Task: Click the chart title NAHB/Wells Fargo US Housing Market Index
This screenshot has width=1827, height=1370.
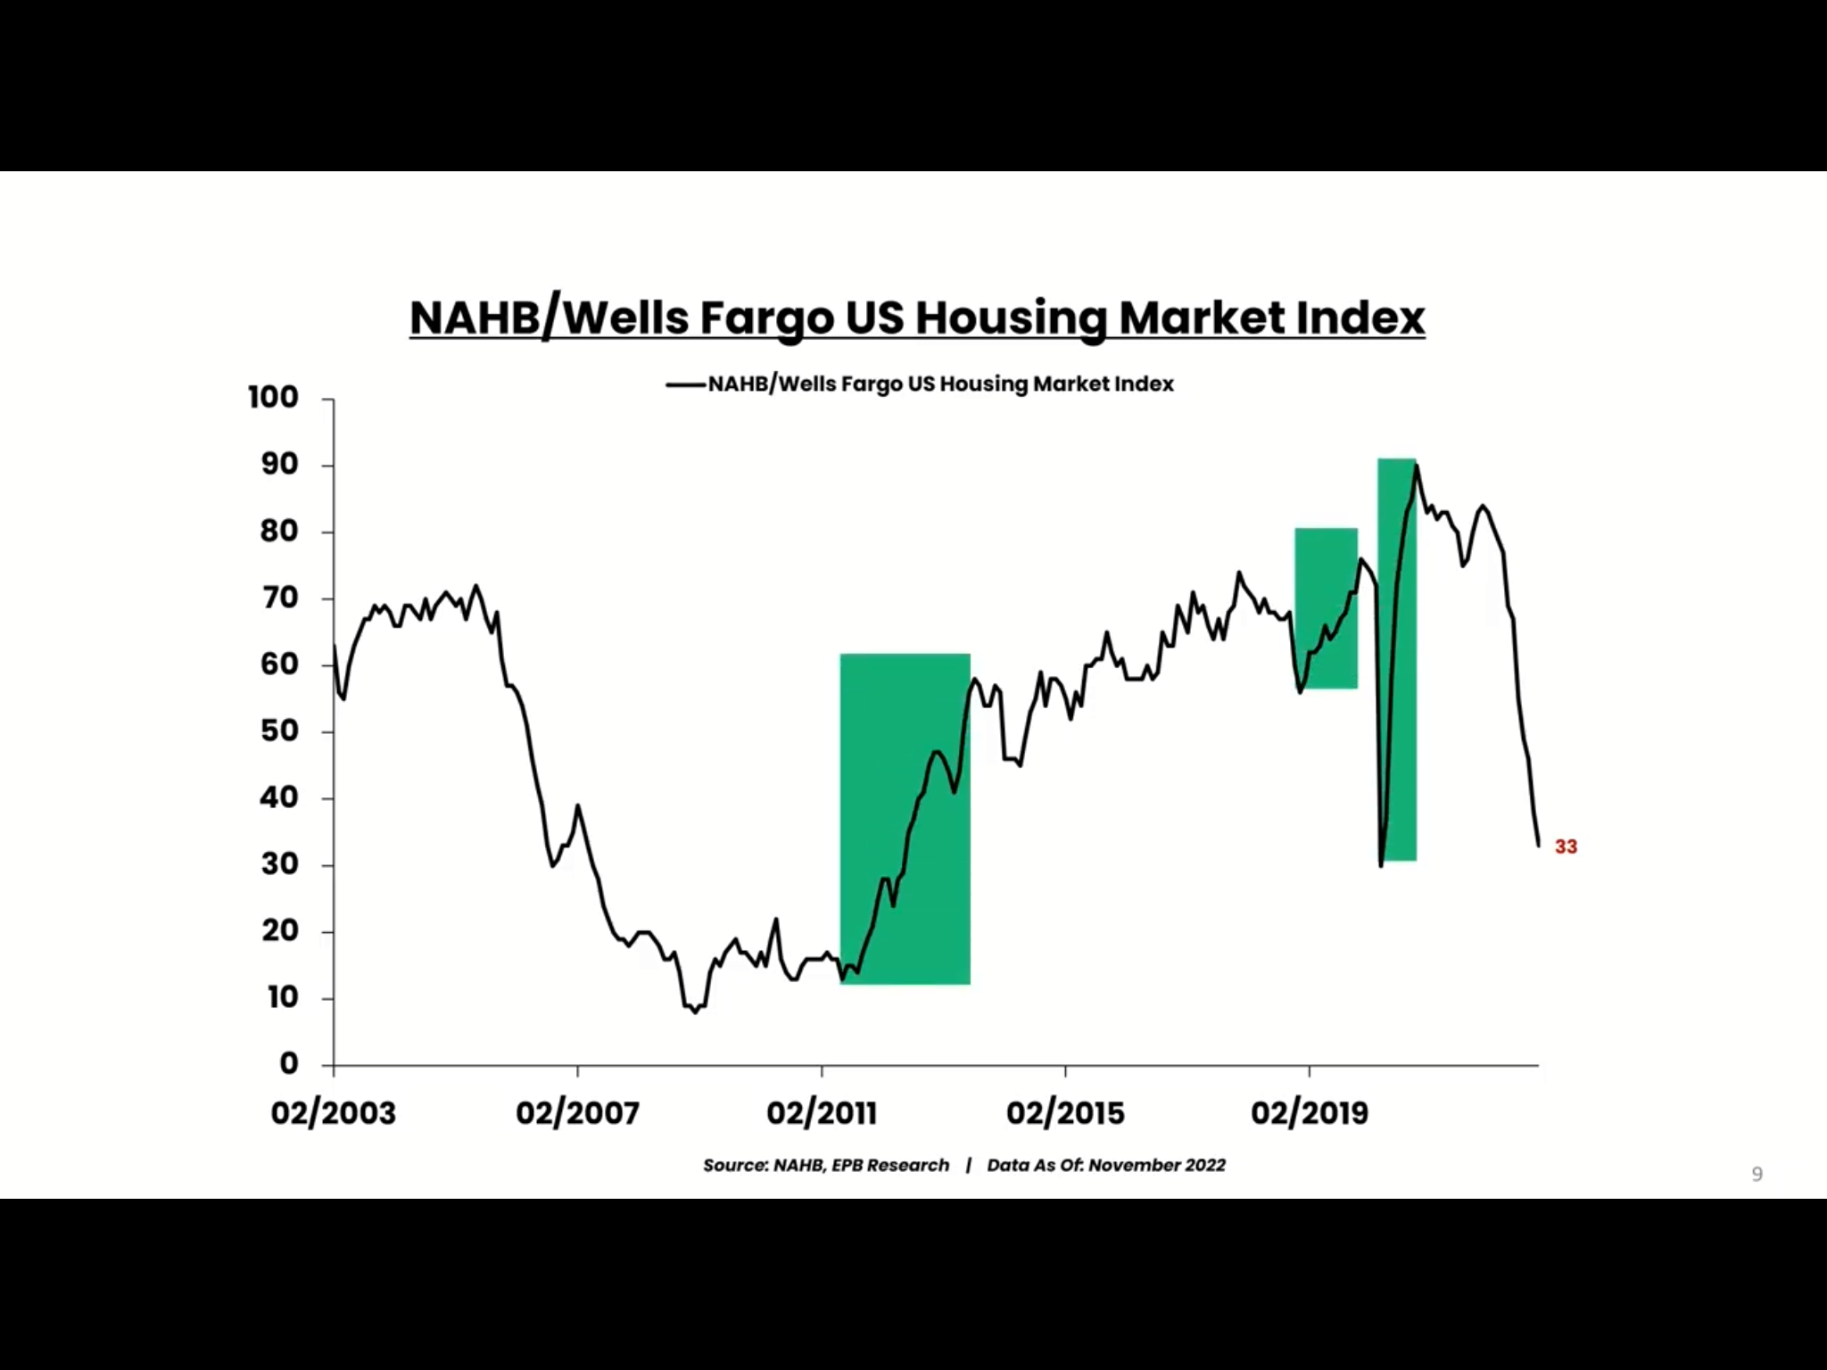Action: point(917,318)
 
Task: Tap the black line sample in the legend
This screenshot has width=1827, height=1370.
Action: point(685,384)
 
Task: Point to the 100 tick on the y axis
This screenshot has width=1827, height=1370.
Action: point(274,397)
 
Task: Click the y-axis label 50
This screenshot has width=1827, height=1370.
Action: point(279,730)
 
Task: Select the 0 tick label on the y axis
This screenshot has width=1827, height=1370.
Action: point(288,1063)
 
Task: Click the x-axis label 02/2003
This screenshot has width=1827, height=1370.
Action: point(333,1113)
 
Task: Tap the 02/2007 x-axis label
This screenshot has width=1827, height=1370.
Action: point(577,1113)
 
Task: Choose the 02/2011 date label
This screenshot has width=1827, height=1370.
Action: point(822,1113)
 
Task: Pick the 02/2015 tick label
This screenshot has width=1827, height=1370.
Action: point(1065,1113)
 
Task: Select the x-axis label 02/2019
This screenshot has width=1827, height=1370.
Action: point(1309,1113)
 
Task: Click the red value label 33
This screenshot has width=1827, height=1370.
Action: point(1566,846)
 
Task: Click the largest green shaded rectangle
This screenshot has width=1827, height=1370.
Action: point(905,819)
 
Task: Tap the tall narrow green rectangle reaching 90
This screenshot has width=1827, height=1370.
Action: point(1397,659)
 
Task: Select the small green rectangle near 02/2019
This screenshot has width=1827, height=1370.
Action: point(1326,608)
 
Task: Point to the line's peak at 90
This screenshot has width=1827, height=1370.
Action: point(1417,466)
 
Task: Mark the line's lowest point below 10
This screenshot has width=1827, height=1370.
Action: point(696,1012)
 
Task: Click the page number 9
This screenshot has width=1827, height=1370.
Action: point(1757,1175)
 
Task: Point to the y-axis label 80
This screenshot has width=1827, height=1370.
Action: point(279,531)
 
